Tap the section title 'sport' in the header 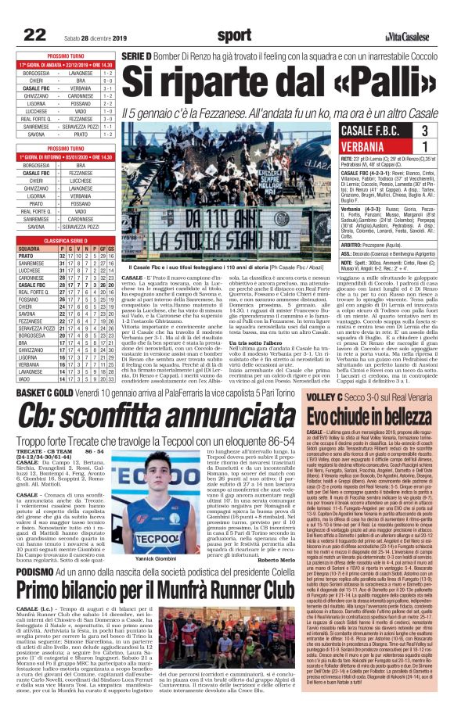tap(234, 34)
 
